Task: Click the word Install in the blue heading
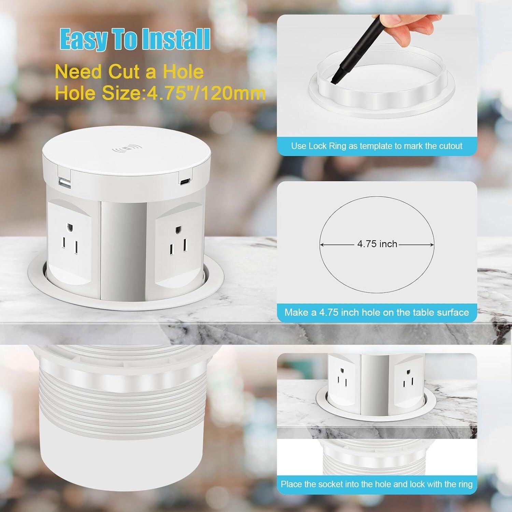point(176,40)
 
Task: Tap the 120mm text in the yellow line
point(233,93)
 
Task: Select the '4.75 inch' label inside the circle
point(377,244)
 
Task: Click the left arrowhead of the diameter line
point(322,244)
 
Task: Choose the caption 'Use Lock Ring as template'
point(376,146)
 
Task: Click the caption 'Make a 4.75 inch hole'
point(376,312)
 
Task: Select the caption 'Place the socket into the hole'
point(376,484)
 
